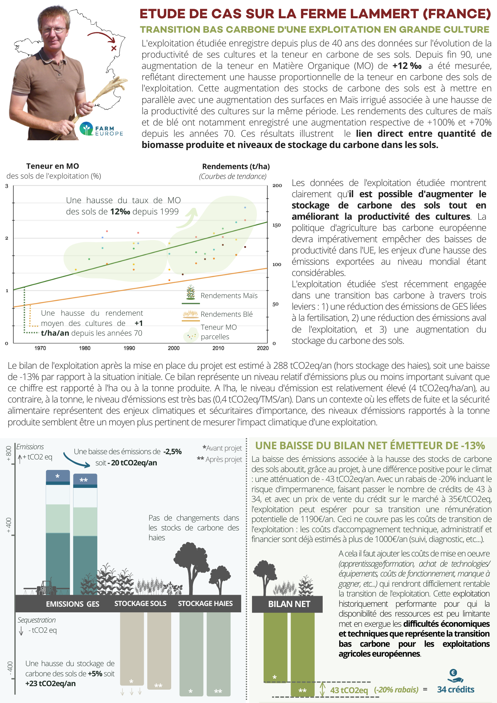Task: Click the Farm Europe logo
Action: click(x=101, y=129)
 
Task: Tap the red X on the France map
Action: click(x=114, y=48)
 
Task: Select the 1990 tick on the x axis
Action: click(x=129, y=348)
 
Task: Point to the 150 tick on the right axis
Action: click(x=277, y=225)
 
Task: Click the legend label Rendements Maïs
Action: click(x=229, y=296)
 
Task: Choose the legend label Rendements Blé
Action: click(x=226, y=314)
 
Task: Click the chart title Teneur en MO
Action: click(x=53, y=166)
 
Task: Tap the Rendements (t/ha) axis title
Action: click(x=236, y=167)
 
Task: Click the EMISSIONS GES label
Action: click(x=72, y=604)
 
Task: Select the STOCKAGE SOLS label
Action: click(x=140, y=604)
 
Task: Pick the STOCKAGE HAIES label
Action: click(x=205, y=604)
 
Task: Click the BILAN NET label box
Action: click(x=289, y=604)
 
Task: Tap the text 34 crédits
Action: click(x=456, y=690)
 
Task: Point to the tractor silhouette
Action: click(x=46, y=587)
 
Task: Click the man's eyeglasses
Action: click(x=54, y=30)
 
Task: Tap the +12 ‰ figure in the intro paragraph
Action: click(x=407, y=66)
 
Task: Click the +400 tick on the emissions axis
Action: click(x=9, y=525)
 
